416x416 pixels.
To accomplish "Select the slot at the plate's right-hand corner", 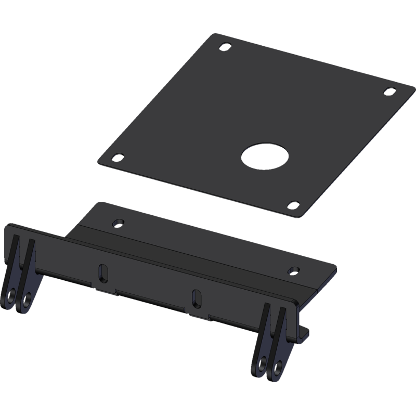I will pos(388,91).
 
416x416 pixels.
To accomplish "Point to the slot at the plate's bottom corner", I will pos(293,205).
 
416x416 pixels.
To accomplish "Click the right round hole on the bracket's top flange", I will pos(294,270).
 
